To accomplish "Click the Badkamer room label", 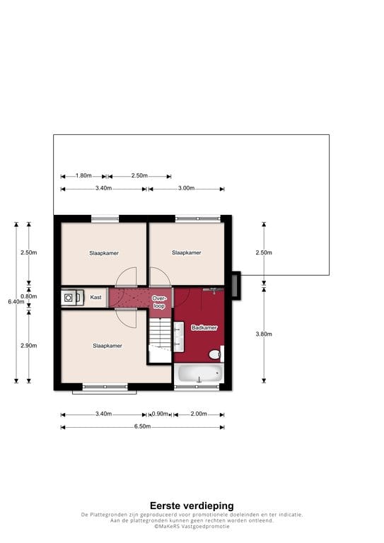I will (x=203, y=328).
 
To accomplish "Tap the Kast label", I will (x=96, y=298).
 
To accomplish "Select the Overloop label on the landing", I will (x=159, y=303).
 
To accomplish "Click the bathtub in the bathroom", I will (x=199, y=375).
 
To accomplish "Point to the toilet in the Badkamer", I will (x=218, y=354).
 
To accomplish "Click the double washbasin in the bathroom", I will (x=179, y=337).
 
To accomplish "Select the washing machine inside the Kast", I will (x=69, y=298).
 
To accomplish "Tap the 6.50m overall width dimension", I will (x=142, y=427).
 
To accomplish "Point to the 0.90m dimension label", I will (x=160, y=414).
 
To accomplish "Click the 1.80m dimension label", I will (x=83, y=176).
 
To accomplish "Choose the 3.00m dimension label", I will (x=186, y=189).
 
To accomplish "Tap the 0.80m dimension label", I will (x=29, y=297).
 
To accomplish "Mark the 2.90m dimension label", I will (x=29, y=346).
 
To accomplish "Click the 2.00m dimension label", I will (x=198, y=414).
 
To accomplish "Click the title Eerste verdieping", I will (x=192, y=506).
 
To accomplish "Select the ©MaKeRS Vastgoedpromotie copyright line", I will (x=192, y=526).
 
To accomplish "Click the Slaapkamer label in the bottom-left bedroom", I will (x=107, y=346).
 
